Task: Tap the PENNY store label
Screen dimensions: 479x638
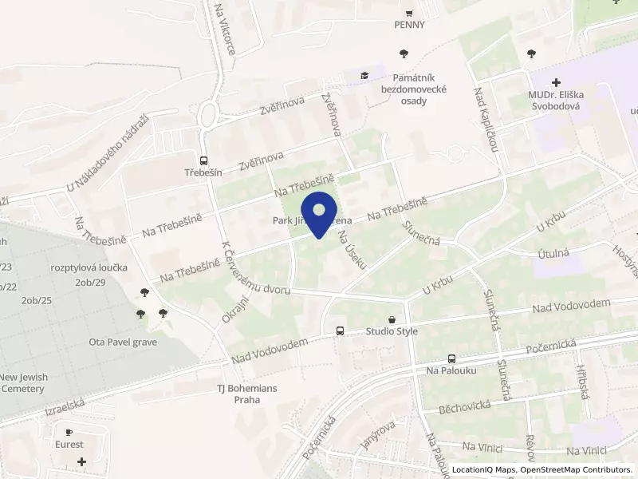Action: coord(409,24)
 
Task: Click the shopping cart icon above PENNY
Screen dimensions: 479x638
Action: coord(409,12)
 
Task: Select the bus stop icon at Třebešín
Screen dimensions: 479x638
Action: coord(204,160)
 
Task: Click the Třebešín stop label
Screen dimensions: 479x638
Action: coord(204,172)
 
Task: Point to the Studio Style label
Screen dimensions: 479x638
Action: coord(391,331)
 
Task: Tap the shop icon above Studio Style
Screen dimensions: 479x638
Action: coord(391,319)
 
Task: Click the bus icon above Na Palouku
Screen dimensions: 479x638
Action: coord(451,359)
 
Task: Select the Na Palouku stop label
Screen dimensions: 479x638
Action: coord(451,371)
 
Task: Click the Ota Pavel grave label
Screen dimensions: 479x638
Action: coord(123,342)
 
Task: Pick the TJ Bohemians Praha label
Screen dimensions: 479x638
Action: coord(247,394)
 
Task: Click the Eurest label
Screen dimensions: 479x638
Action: coord(69,444)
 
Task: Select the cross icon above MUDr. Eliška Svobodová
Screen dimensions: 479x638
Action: coord(556,82)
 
